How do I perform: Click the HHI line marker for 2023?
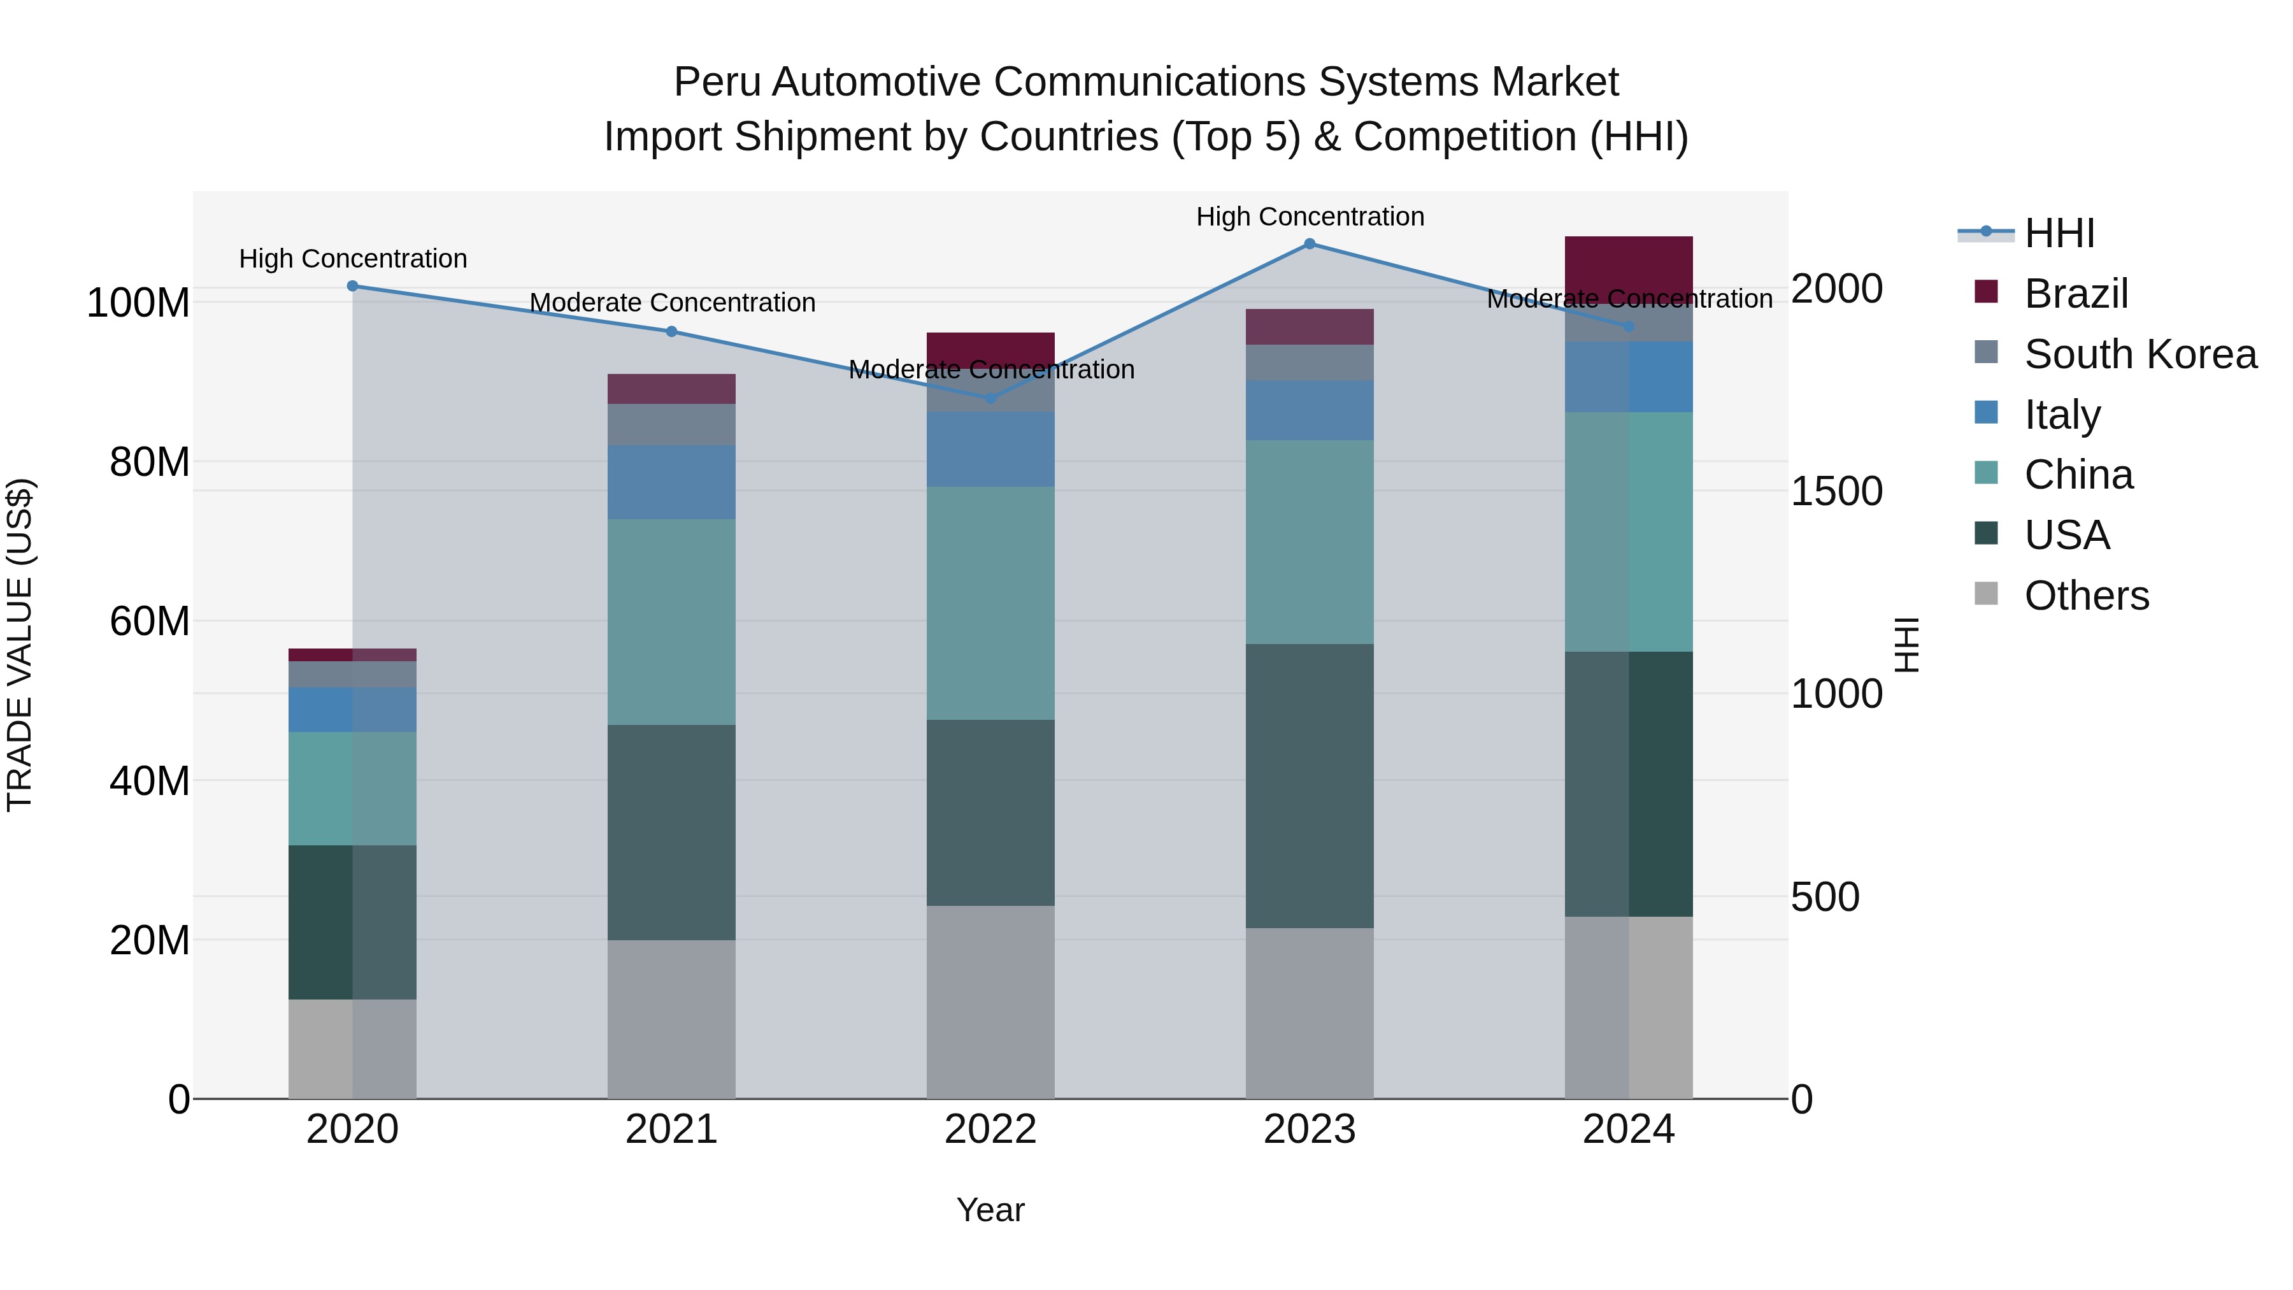coord(1310,243)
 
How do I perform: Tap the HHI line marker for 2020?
coord(352,286)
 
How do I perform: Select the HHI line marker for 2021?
coord(672,331)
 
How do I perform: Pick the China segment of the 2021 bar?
coord(672,621)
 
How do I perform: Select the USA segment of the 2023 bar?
coord(1310,785)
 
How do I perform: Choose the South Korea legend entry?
coord(2140,354)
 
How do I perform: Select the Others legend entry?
coord(2087,596)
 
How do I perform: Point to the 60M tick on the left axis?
coord(150,621)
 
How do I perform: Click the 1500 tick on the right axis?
coord(1836,491)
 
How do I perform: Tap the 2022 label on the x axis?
coord(990,1129)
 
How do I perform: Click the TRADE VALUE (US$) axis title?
coord(20,645)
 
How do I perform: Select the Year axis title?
coord(990,1210)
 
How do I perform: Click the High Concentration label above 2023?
coord(1310,217)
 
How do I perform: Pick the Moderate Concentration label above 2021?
coord(672,303)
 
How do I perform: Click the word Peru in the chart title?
coord(717,82)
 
